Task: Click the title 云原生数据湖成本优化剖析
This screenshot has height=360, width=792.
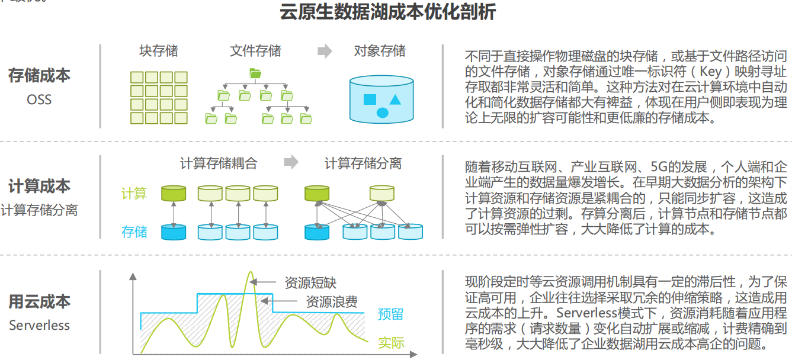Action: coord(387,12)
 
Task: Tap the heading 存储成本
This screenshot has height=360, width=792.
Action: coord(39,75)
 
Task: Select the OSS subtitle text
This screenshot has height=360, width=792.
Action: coord(39,99)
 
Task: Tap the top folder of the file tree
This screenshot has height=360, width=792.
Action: coord(255,73)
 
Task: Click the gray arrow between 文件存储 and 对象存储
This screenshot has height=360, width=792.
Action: coord(325,51)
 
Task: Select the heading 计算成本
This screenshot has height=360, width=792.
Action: coord(39,187)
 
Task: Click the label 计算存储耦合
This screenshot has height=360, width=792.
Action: coord(219,163)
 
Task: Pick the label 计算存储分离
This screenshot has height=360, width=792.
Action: coord(363,163)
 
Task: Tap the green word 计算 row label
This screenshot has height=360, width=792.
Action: coord(134,194)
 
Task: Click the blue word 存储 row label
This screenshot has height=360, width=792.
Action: coord(134,232)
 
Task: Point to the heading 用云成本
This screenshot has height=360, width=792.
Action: coord(39,301)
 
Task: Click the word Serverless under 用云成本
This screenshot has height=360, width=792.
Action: coord(39,325)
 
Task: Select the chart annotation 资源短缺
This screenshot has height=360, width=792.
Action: coord(310,283)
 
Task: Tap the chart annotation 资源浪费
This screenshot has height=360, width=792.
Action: coord(332,302)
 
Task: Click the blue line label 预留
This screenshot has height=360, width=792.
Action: coord(390,314)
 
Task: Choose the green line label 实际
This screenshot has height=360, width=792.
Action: coord(391,342)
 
